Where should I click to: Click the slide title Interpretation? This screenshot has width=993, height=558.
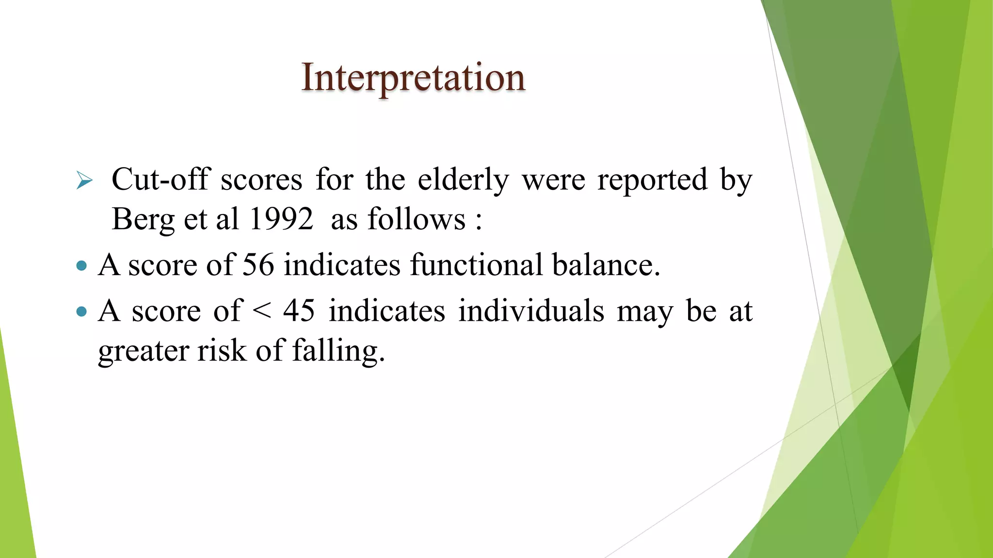[x=413, y=77]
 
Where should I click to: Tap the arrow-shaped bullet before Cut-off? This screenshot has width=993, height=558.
[x=84, y=181]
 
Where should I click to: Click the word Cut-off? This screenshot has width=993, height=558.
[x=161, y=180]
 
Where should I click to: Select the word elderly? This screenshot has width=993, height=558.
[x=463, y=180]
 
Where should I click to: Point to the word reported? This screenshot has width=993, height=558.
[x=652, y=180]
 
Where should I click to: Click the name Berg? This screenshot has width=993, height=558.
[x=143, y=219]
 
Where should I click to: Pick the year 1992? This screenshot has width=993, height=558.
[x=281, y=219]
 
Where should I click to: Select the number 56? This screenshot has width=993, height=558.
[x=258, y=265]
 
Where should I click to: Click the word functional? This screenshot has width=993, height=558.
[x=476, y=265]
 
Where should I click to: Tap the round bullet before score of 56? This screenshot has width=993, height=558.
[x=81, y=265]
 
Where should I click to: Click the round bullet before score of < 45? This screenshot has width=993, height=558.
[x=81, y=311]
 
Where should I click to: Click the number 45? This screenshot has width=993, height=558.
[x=299, y=310]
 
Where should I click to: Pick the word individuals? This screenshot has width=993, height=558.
[x=531, y=310]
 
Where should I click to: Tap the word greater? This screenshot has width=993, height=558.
[x=143, y=351]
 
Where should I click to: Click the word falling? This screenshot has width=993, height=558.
[x=338, y=350]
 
